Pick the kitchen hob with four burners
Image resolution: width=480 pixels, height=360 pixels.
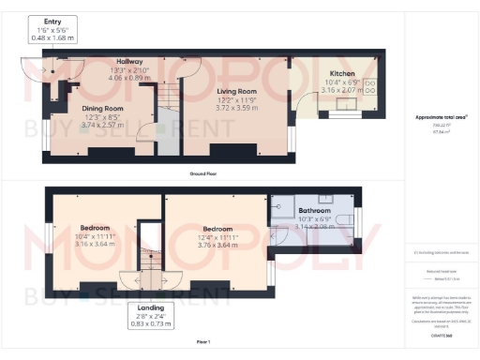(368, 87)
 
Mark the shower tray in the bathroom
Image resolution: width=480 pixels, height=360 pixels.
(281, 211)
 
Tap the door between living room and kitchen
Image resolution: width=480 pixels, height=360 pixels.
(301, 99)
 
